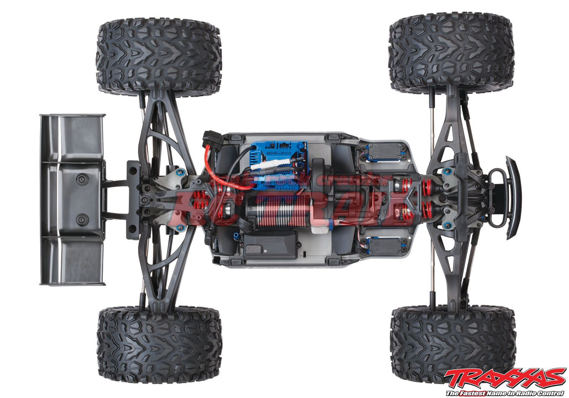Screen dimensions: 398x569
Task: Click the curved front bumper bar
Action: [513, 198]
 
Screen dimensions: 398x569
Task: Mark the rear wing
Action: [72, 199]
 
